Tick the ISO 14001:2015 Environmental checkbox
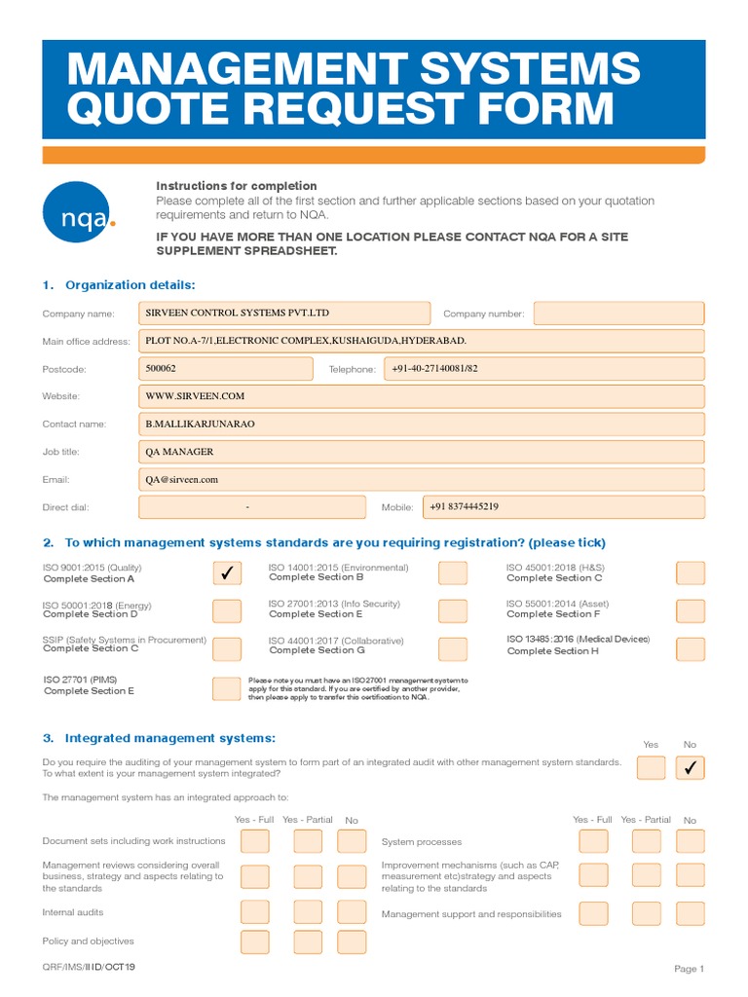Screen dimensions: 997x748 (x=452, y=573)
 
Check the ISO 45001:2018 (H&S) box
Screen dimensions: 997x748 (x=691, y=573)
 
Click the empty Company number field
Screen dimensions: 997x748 (x=618, y=314)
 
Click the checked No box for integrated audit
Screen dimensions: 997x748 (x=691, y=768)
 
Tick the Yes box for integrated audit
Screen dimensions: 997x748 (x=651, y=768)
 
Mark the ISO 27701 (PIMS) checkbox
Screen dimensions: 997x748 (x=226, y=688)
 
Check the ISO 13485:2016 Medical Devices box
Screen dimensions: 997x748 (x=691, y=648)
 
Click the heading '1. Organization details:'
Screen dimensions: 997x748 (x=119, y=284)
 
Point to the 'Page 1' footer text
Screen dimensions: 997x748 (x=689, y=969)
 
